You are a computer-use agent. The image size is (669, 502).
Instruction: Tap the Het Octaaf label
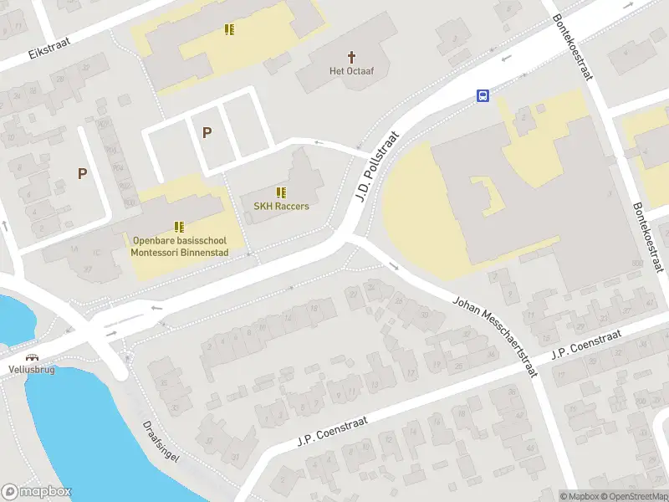351,71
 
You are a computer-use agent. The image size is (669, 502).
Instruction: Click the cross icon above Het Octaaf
351,57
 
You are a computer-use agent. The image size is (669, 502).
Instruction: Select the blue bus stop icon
483,95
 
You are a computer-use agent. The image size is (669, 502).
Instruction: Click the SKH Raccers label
282,206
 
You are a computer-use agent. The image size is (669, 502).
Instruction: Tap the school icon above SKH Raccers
282,192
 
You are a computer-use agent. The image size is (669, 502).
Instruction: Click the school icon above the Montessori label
179,226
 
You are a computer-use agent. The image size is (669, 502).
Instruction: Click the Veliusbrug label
32,369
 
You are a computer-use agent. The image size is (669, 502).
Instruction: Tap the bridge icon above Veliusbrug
32,356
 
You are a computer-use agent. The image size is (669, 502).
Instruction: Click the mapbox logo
37,492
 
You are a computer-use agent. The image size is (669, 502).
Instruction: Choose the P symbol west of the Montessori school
82,173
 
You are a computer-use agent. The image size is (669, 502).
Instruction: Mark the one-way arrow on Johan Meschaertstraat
394,267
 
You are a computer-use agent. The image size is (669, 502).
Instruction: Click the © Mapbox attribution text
581,496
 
